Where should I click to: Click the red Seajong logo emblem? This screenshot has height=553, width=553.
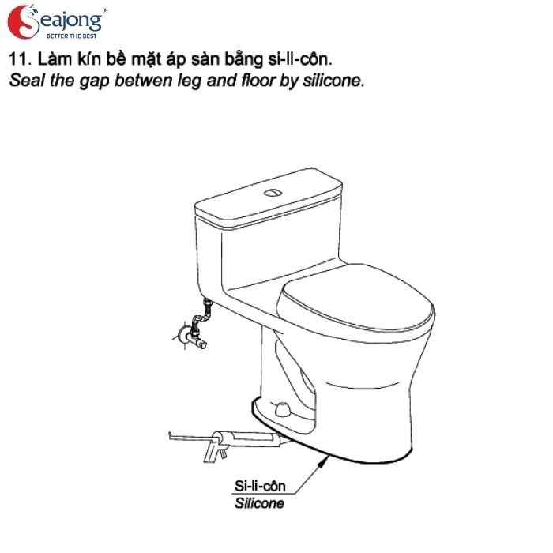coord(22,21)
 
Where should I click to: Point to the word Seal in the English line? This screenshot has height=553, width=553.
coord(24,81)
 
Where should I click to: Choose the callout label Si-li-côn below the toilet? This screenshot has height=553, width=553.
coord(260,487)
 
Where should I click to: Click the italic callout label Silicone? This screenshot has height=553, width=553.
coord(259,503)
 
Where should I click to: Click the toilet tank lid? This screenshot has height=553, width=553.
coord(269,201)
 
